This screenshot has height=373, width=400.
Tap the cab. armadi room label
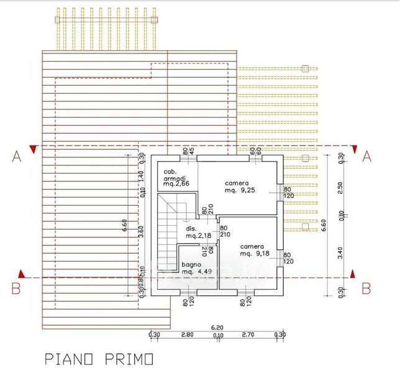tap(176, 177)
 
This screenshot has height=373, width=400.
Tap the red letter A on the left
tap(17, 157)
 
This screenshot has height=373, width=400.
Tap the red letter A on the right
tap(366, 157)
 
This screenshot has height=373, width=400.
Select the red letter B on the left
tap(17, 288)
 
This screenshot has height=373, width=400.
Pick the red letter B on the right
tap(366, 288)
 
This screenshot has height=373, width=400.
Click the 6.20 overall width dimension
tap(217, 327)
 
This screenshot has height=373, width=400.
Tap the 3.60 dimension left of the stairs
tap(142, 231)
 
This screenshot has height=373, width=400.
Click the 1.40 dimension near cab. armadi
tap(142, 176)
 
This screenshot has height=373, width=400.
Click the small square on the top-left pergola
tap(58, 20)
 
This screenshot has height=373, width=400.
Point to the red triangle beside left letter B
tap(22, 274)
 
